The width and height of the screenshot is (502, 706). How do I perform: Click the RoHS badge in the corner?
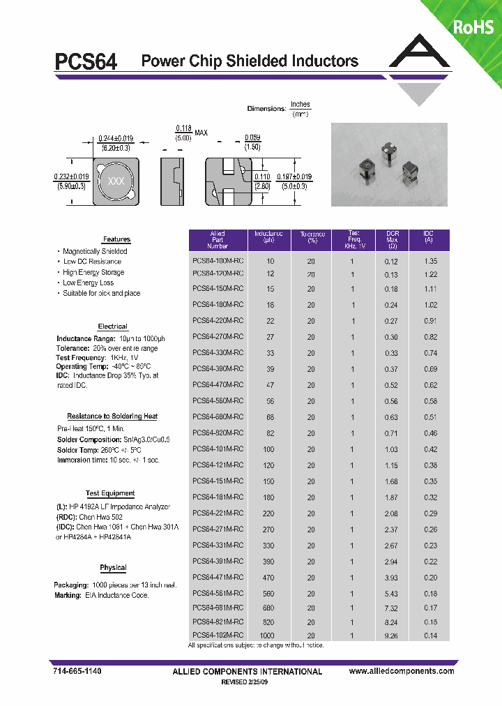[473, 27]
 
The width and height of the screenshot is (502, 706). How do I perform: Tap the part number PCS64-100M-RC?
[218, 261]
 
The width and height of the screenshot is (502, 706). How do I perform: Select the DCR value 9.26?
[390, 636]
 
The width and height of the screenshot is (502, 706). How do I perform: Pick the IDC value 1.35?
[430, 261]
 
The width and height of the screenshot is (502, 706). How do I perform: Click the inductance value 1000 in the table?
[267, 636]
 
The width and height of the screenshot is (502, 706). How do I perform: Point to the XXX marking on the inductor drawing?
[115, 181]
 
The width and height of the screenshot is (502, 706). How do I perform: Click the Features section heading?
[116, 239]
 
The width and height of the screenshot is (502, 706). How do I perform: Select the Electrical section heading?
[112, 326]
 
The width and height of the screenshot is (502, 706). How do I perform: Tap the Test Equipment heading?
[110, 493]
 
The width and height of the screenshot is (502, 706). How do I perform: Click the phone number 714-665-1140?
[77, 670]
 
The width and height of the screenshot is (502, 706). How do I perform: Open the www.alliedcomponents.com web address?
[401, 671]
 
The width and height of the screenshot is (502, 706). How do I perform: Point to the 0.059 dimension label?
[252, 138]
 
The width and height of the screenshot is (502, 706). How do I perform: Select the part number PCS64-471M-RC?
[218, 577]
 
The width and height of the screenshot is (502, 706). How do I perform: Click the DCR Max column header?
[391, 240]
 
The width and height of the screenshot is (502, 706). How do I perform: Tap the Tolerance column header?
[312, 237]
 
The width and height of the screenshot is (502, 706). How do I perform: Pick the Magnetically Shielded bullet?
[95, 251]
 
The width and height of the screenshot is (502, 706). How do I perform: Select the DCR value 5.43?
[390, 593]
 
